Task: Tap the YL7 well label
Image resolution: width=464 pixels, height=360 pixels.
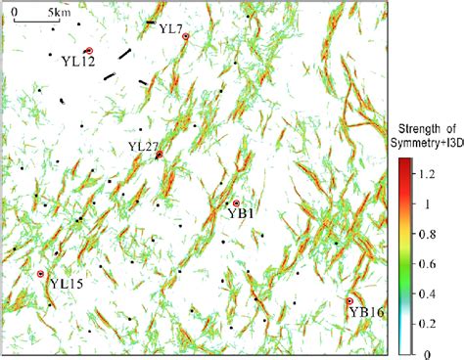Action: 170,29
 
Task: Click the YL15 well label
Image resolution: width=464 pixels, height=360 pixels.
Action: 67,284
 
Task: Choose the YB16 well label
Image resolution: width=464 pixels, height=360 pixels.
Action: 366,313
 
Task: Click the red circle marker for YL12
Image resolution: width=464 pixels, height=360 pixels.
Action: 89,51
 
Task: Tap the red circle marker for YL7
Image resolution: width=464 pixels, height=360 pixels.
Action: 185,36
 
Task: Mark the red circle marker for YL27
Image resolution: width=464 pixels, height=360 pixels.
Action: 160,155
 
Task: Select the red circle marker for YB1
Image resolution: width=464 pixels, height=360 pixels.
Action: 236,202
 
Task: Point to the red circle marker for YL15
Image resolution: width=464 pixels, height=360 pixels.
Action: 41,274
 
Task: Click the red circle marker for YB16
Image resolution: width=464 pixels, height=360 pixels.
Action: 350,301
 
